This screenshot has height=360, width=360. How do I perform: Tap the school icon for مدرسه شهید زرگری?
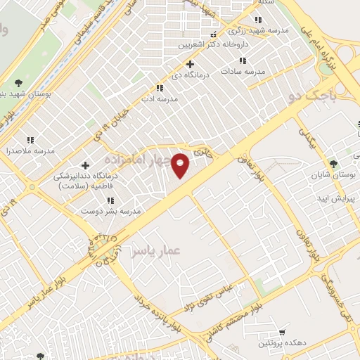click(259, 20)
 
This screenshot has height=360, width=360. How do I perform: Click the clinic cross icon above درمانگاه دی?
click(191, 64)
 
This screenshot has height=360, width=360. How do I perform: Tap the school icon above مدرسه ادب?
click(160, 88)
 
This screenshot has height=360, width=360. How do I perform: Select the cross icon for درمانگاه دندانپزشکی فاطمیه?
click(85, 165)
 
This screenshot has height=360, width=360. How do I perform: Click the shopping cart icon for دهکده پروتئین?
click(282, 331)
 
